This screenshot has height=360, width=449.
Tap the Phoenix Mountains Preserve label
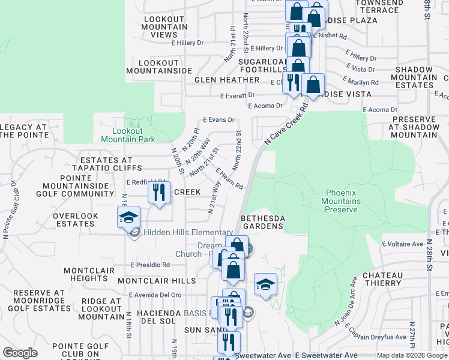(343, 202)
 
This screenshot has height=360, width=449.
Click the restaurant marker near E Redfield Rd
(159, 193)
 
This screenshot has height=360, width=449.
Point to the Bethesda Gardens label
(262, 221)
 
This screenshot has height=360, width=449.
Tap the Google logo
(20, 353)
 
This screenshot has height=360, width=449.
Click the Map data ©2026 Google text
(411, 355)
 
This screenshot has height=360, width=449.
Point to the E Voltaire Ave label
(403, 244)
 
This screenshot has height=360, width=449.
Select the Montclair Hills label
(157, 281)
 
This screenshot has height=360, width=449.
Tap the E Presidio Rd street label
(150, 265)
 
